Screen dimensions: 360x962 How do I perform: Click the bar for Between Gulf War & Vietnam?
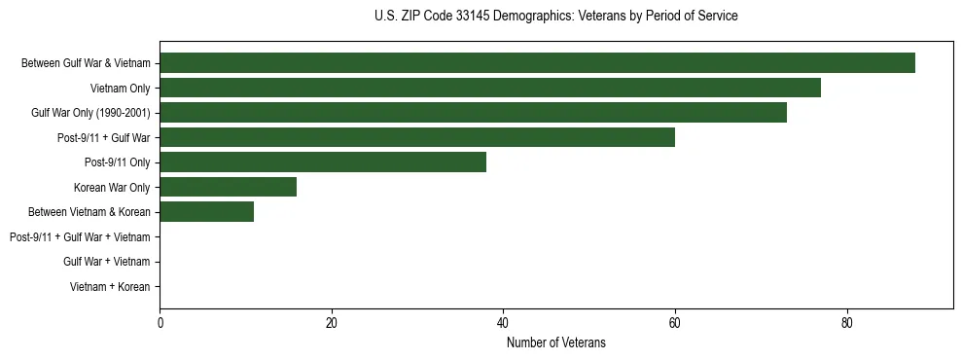pyautogui.click(x=537, y=63)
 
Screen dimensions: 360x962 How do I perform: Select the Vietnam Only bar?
pyautogui.click(x=490, y=88)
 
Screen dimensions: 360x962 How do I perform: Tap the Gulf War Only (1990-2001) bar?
pyautogui.click(x=473, y=113)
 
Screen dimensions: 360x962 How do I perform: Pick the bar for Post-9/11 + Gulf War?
pyautogui.click(x=417, y=137)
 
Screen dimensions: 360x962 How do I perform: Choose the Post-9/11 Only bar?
pyautogui.click(x=323, y=162)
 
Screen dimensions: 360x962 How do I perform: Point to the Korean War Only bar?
pyautogui.click(x=229, y=187)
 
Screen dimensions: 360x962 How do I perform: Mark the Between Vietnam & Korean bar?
pyautogui.click(x=207, y=212)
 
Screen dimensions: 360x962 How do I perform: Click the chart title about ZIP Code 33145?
pyautogui.click(x=555, y=17)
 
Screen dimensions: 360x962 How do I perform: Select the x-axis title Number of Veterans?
pyautogui.click(x=555, y=342)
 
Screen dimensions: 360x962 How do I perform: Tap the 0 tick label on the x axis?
pyautogui.click(x=160, y=323)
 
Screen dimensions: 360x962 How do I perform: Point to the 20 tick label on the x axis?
pyautogui.click(x=332, y=323)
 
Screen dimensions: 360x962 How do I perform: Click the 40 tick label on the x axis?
pyautogui.click(x=503, y=323)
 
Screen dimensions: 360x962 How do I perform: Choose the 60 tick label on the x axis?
pyautogui.click(x=675, y=323)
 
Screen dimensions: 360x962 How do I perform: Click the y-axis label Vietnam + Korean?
pyautogui.click(x=110, y=287)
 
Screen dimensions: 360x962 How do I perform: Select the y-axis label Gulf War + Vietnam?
pyautogui.click(x=107, y=262)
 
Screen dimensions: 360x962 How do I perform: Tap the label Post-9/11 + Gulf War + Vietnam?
pyautogui.click(x=80, y=236)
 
